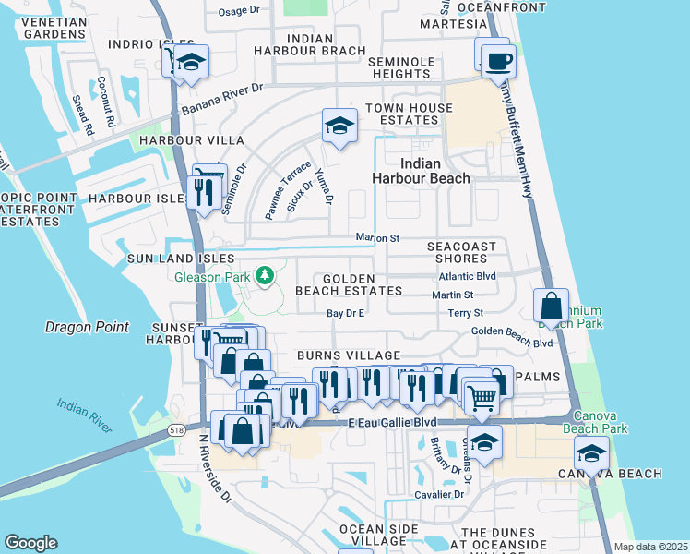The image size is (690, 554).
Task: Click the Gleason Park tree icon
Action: [x=265, y=275]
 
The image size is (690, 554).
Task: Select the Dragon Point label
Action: [x=86, y=327]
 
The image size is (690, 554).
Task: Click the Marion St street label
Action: [x=377, y=238]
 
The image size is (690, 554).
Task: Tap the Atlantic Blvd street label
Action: [x=467, y=276]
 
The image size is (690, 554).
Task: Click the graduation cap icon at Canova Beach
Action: [x=590, y=453]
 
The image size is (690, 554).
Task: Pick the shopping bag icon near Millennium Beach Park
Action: [x=551, y=306]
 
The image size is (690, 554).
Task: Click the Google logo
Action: [x=30, y=543]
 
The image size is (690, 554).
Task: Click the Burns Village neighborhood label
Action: [x=348, y=355]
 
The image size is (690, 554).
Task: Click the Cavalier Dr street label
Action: [x=438, y=494]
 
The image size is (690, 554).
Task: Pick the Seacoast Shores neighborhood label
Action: [x=461, y=252]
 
